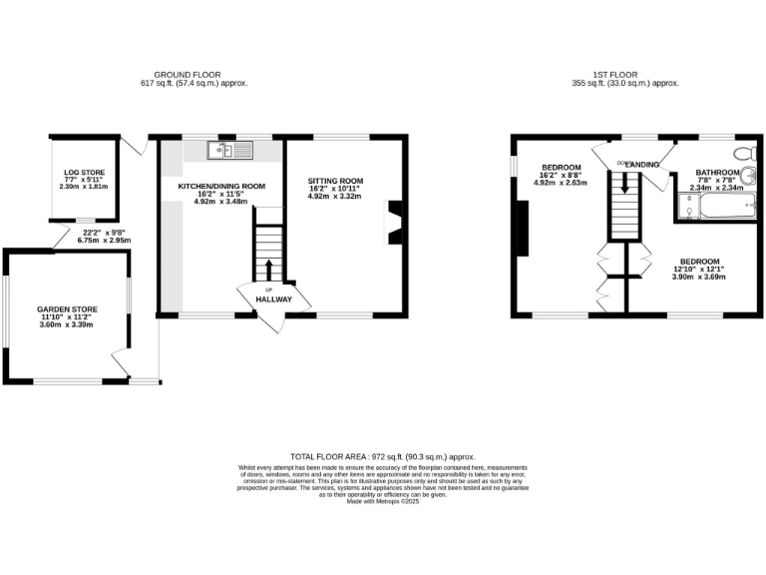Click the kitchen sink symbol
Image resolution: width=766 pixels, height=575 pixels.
click(230, 151)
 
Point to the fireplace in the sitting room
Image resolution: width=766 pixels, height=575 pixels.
click(395, 222)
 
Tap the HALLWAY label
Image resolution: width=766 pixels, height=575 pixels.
click(273, 298)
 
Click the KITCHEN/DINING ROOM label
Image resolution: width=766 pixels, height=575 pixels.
click(221, 186)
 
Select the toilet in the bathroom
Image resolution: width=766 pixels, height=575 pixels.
click(740, 154)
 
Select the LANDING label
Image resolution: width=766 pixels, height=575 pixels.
click(642, 164)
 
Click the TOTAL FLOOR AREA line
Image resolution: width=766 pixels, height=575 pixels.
click(383, 454)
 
